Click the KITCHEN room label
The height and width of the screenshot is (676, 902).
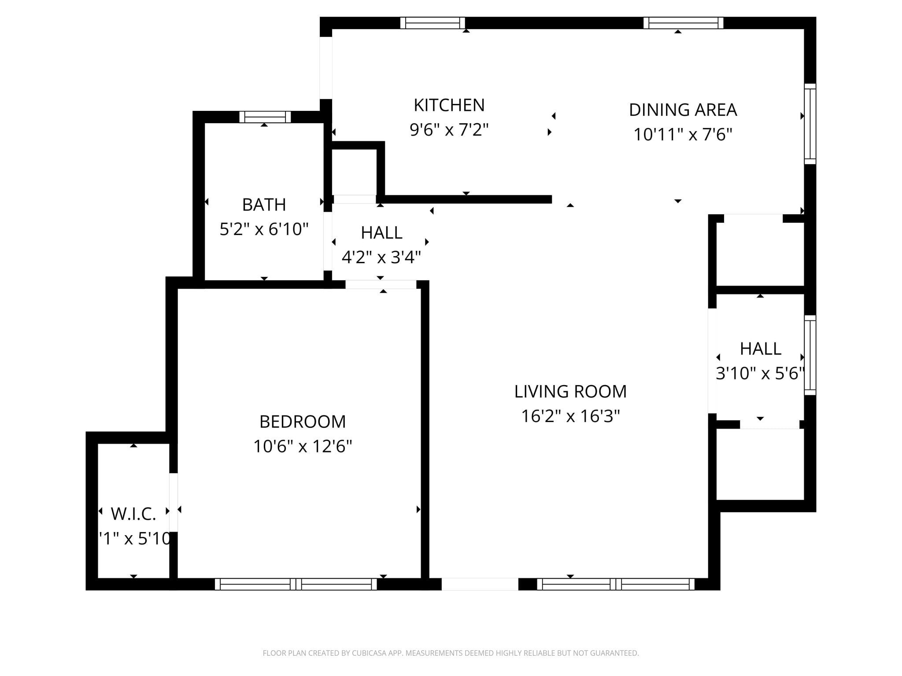pyautogui.click(x=449, y=106)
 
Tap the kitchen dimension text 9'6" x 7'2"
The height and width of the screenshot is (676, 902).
pyautogui.click(x=449, y=130)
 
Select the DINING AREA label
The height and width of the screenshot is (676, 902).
pyautogui.click(x=683, y=110)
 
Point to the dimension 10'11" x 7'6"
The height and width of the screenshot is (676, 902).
pyautogui.click(x=683, y=135)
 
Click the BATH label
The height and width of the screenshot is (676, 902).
pyautogui.click(x=264, y=205)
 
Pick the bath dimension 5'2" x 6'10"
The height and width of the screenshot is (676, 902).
pyautogui.click(x=264, y=229)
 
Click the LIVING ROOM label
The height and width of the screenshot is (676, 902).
pyautogui.click(x=570, y=392)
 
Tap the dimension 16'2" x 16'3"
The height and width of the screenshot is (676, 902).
pyautogui.click(x=570, y=416)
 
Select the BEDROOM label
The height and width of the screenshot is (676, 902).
pyautogui.click(x=303, y=422)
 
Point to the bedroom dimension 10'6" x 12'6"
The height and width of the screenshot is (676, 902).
pyautogui.click(x=303, y=447)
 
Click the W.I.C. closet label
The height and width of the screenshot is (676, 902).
pyautogui.click(x=133, y=514)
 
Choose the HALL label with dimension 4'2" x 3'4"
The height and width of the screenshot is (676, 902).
pyautogui.click(x=381, y=233)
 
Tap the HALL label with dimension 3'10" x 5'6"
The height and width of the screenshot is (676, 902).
pyautogui.click(x=760, y=349)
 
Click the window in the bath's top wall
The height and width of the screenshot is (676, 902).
pyautogui.click(x=265, y=117)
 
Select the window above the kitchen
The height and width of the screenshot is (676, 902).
pyautogui.click(x=433, y=23)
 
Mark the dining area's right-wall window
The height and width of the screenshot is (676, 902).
pyautogui.click(x=810, y=124)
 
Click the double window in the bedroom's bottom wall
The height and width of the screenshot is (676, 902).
pyautogui.click(x=296, y=584)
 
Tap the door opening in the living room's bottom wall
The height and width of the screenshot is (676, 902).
pyautogui.click(x=480, y=584)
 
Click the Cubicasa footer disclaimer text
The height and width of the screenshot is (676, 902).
pyautogui.click(x=451, y=653)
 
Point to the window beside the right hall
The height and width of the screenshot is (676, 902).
pyautogui.click(x=810, y=355)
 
